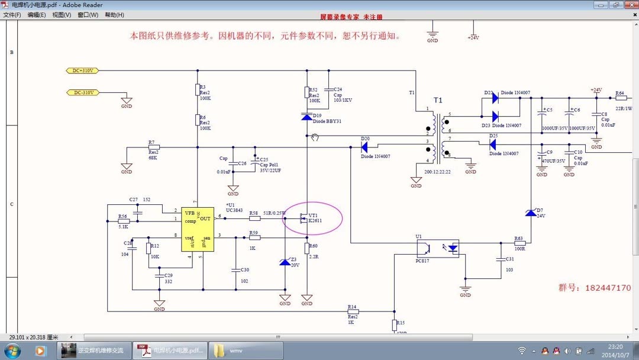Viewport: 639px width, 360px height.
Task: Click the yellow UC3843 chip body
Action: (198, 229)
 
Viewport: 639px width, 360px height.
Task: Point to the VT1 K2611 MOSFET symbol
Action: (304, 218)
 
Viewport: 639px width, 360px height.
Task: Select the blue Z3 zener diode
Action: (285, 262)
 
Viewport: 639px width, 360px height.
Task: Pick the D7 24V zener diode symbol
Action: (531, 213)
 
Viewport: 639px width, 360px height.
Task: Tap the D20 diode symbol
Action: (365, 146)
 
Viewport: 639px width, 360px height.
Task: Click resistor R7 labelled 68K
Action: (153, 147)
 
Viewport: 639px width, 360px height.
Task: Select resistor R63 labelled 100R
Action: (519, 242)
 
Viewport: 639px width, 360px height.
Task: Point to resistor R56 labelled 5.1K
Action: (124, 221)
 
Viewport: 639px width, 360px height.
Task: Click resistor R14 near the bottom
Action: (353, 311)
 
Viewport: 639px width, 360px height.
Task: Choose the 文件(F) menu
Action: (12, 15)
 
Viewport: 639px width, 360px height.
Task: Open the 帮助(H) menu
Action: (114, 15)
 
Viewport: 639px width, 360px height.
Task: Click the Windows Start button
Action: (12, 351)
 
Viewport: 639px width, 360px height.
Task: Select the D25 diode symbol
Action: (493, 143)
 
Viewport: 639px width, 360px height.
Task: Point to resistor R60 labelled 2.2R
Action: (306, 247)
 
